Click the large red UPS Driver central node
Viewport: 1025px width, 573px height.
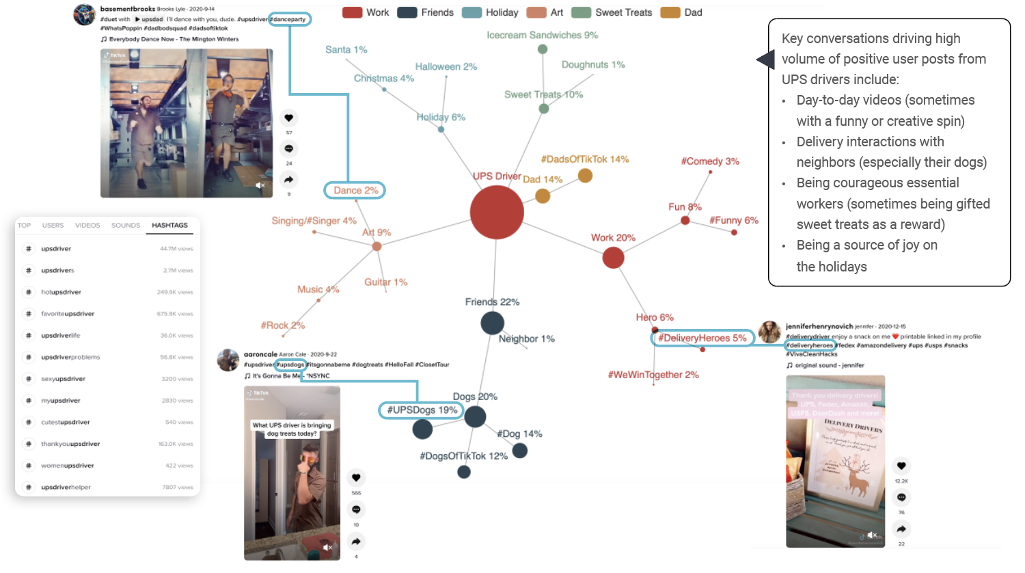497,212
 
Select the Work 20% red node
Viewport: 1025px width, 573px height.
613,258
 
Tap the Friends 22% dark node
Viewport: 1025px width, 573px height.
492,323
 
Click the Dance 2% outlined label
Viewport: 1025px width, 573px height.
355,190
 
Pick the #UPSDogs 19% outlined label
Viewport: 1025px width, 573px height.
422,410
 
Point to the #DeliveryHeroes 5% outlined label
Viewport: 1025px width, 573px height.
702,338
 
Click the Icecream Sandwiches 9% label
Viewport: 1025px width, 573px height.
542,35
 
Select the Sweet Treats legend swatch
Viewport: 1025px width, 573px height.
581,12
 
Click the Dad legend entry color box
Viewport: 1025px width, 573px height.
670,12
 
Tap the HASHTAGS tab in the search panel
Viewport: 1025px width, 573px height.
169,225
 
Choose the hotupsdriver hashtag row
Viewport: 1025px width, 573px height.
61,292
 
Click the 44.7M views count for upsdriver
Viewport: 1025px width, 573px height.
176,249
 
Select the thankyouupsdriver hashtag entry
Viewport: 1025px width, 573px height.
70,444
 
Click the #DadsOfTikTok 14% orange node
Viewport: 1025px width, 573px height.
585,176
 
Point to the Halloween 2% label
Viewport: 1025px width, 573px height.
446,66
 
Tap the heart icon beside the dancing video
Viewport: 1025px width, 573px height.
289,118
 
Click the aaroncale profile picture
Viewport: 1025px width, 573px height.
228,360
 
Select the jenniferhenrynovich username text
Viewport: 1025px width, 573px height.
819,327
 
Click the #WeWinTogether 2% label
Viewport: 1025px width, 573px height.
653,375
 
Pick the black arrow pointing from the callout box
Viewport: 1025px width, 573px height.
765,59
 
